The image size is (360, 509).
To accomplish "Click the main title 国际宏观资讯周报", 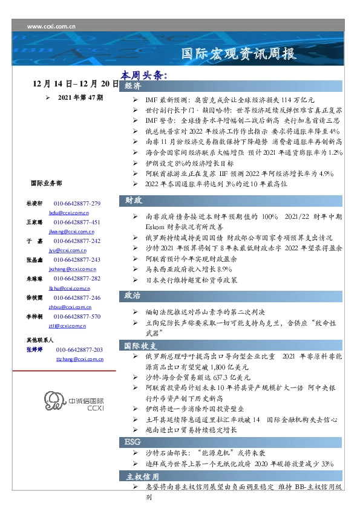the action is click(239, 54).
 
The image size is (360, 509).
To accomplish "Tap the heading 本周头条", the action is click(143, 76).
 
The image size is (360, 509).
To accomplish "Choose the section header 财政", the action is click(134, 200).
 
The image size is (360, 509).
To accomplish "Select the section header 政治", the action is click(134, 296).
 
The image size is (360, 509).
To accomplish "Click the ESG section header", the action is click(133, 442).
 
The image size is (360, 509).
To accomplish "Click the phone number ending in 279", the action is click(77, 204).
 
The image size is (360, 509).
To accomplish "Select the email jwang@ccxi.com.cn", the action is click(68, 232).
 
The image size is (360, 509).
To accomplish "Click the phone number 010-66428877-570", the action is click(77, 316).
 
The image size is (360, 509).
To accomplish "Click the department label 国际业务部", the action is click(45, 183).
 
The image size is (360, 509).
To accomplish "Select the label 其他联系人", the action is click(41, 340).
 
